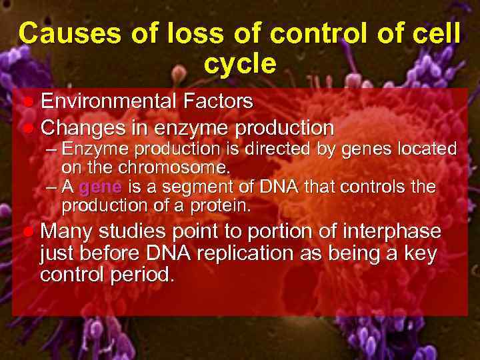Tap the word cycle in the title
coord(239,64)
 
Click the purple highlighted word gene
coord(99,187)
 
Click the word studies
coord(135,231)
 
